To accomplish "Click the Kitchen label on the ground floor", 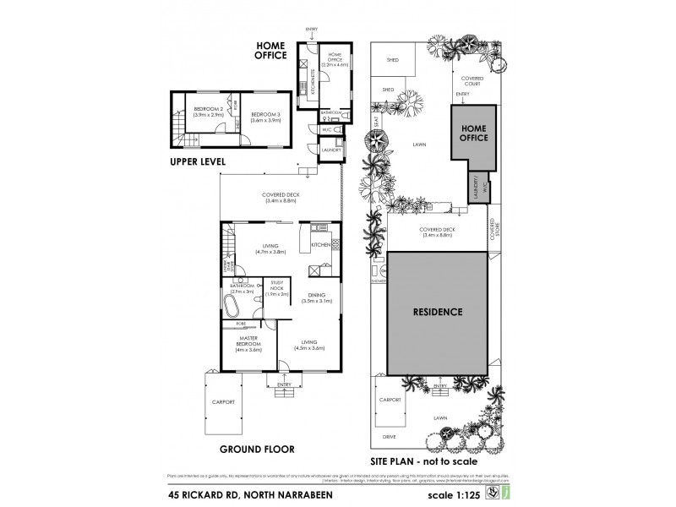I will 320,245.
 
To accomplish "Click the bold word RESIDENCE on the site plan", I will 437,312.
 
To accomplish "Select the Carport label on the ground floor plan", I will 222,402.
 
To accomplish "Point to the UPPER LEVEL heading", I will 202,161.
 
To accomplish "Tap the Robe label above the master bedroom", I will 241,322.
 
